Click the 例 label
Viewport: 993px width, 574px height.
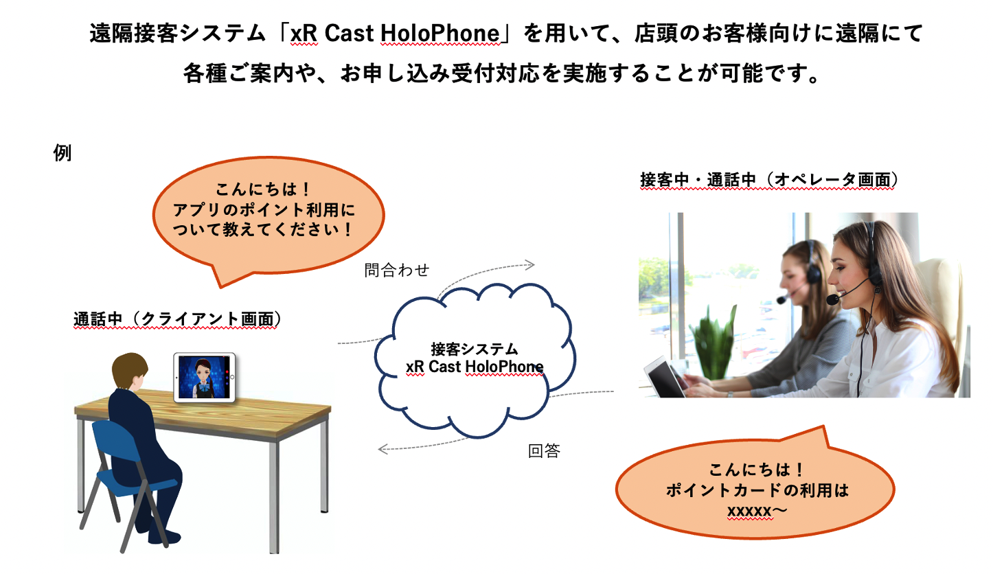pos(62,152)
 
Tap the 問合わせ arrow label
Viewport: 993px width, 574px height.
pos(396,270)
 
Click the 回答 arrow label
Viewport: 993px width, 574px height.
pos(544,451)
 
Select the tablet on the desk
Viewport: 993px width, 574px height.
pos(204,377)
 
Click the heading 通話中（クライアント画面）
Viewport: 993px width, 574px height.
pos(176,319)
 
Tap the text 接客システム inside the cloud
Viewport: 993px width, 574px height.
pos(474,349)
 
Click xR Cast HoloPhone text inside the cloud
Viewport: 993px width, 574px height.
pos(475,367)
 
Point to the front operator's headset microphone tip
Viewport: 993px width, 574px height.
pos(832,300)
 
